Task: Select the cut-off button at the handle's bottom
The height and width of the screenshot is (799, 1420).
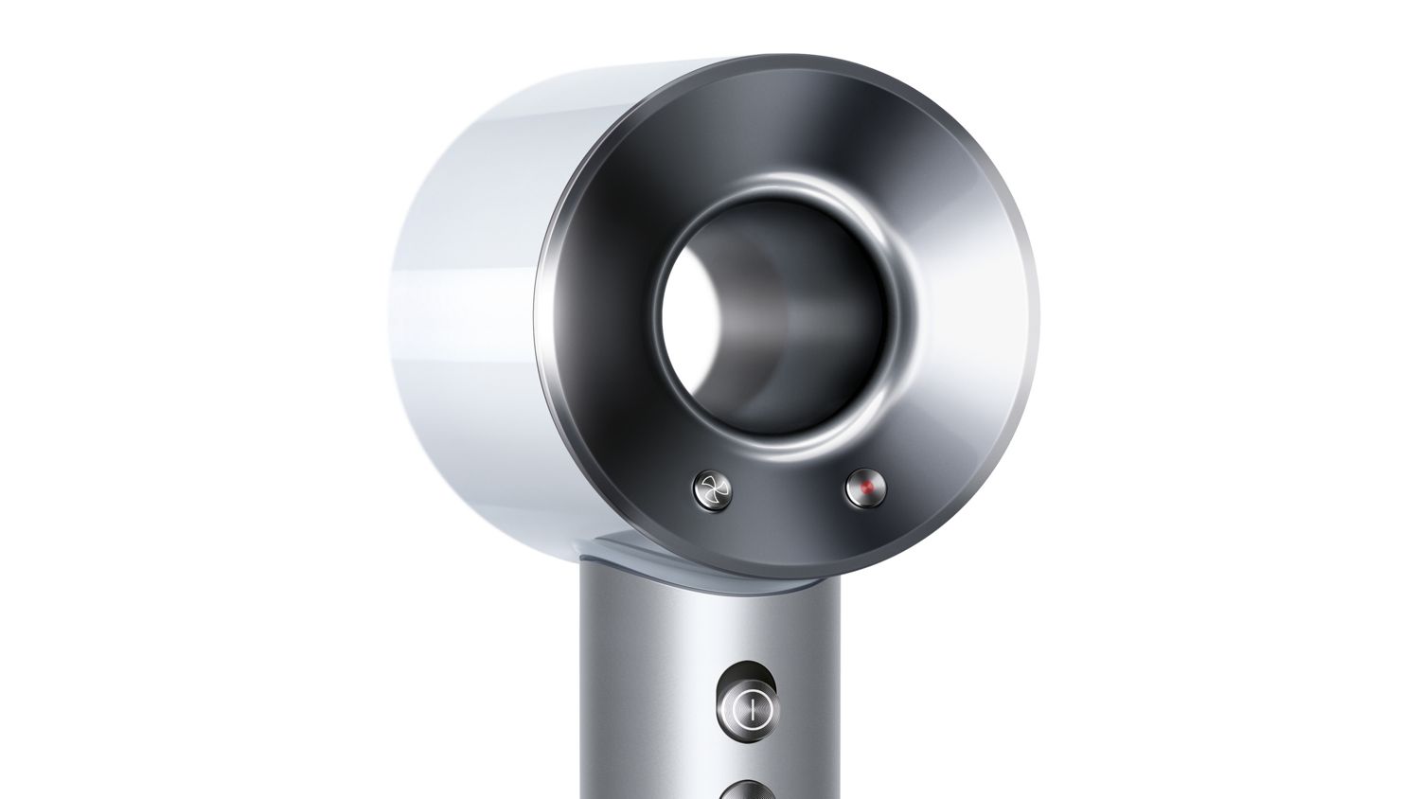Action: [x=748, y=790]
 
